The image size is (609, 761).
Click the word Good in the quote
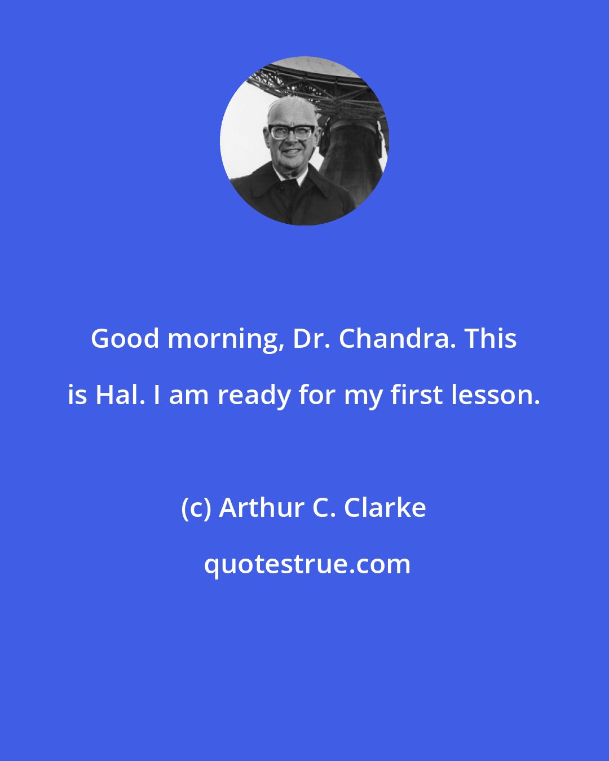coord(126,339)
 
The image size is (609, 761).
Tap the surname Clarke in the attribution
coord(385,508)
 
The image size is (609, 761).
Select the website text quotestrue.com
coord(307,564)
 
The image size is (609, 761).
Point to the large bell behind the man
coord(352,152)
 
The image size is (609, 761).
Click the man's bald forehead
coord(291,112)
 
